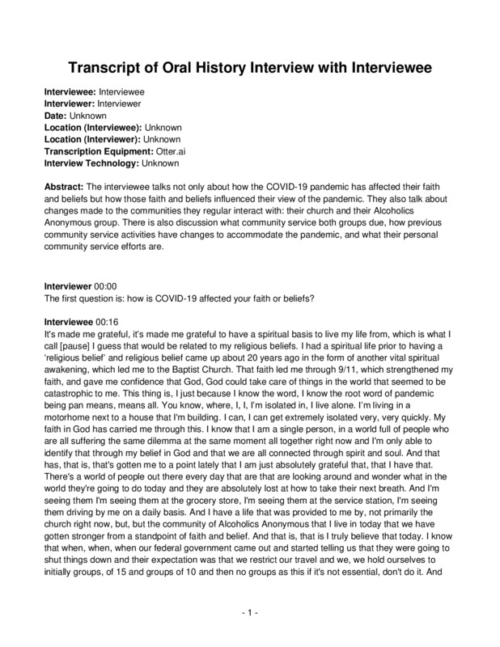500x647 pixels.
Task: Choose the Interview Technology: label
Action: point(90,162)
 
